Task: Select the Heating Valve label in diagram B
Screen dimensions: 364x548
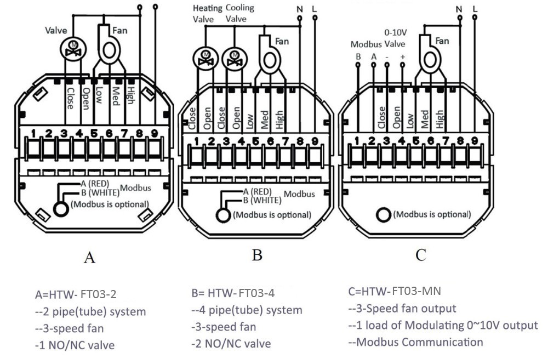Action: [208, 13]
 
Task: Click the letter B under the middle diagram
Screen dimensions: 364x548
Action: [256, 255]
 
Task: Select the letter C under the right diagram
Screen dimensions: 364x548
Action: [421, 255]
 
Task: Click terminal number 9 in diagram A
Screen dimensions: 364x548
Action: [154, 133]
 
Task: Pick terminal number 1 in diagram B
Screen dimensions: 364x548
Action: [196, 141]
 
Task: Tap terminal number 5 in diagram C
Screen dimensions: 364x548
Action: [415, 141]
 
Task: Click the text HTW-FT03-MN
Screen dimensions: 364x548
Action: [395, 291]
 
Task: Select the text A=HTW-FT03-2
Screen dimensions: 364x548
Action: [76, 294]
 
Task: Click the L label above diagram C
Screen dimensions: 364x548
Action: [474, 9]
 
